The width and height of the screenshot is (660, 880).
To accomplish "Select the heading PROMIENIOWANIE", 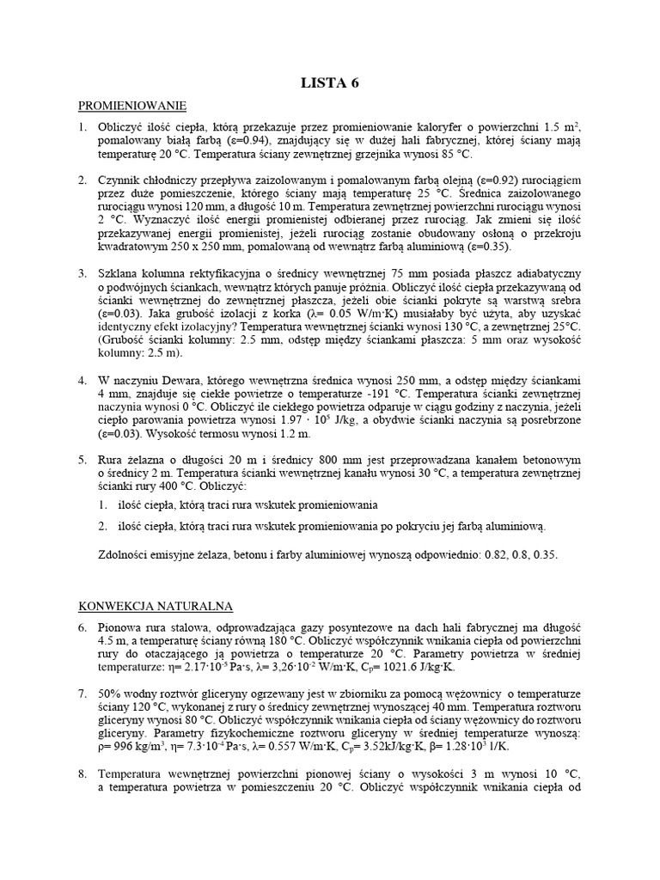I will [x=132, y=106].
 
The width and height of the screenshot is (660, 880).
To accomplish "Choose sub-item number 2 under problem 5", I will [x=102, y=526].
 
